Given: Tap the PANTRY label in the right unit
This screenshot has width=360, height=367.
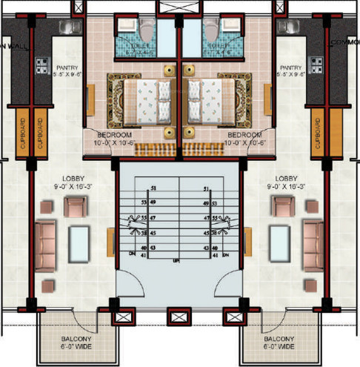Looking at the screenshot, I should (x=287, y=67).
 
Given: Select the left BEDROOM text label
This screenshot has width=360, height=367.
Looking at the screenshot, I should (x=113, y=135).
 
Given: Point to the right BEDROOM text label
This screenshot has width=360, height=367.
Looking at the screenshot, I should (x=244, y=135).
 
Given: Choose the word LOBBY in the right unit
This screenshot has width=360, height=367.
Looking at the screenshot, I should (x=286, y=179).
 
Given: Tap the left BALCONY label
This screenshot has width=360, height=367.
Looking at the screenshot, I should (x=76, y=340).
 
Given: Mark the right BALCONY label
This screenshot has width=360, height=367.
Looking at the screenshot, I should (x=279, y=340).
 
